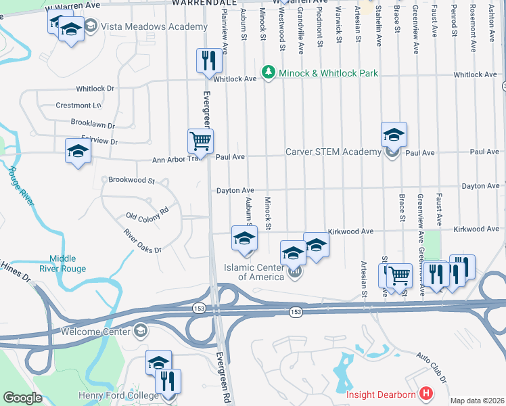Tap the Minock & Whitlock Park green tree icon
[269, 72]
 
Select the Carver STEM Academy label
[333, 152]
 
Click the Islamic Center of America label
[254, 272]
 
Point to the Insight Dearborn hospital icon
[425, 393]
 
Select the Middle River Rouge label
[68, 264]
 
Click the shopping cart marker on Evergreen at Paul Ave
[200, 141]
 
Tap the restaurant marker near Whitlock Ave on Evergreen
[209, 60]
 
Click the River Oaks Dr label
[143, 241]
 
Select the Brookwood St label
[132, 181]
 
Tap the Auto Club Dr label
[432, 365]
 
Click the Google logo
[22, 398]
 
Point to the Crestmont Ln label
[78, 106]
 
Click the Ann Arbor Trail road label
[177, 159]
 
